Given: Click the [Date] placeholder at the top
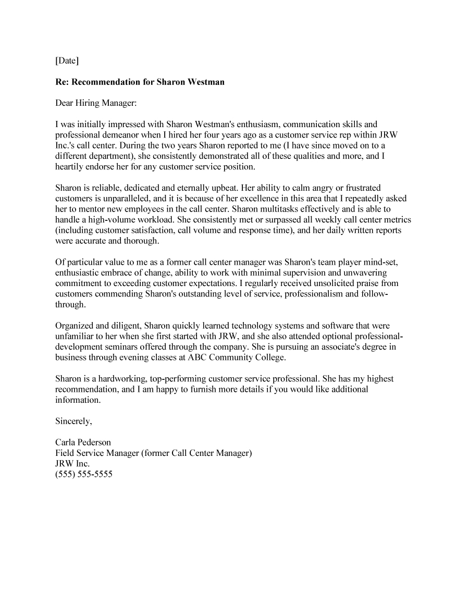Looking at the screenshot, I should pos(67,61).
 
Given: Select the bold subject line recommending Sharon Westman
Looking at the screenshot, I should pos(140,82).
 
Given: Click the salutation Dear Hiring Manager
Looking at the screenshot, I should pos(96,103).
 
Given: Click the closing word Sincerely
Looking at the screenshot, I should pos(73,420).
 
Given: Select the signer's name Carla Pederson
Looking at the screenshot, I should pos(83,442).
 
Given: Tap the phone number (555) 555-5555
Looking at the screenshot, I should pos(84,474).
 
